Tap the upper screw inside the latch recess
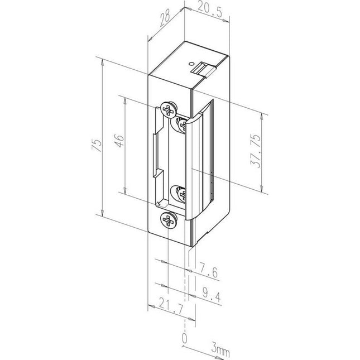coord(181,124)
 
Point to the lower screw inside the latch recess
coord(182,194)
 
